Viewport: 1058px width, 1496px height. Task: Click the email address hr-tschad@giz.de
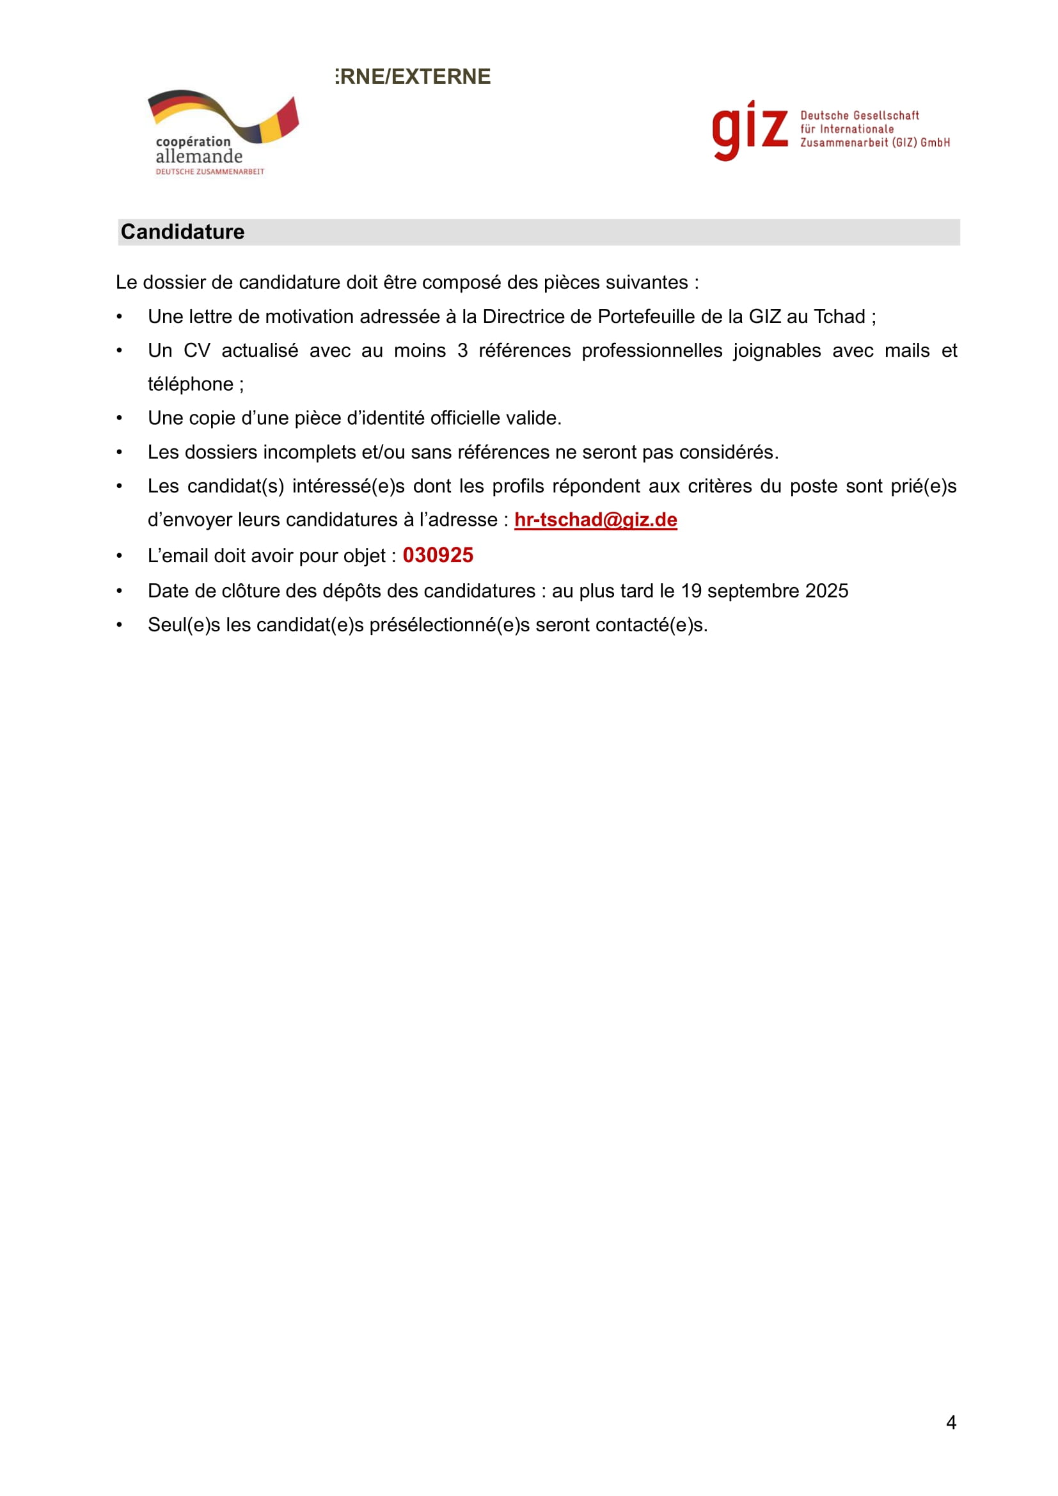click(x=596, y=519)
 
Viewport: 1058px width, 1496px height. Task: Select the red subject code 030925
click(x=438, y=555)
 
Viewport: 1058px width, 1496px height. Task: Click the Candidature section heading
click(x=182, y=232)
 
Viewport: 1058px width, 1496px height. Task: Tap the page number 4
click(x=951, y=1422)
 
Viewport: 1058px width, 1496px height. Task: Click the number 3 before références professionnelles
click(x=462, y=350)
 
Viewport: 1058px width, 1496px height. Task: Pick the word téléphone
click(x=190, y=384)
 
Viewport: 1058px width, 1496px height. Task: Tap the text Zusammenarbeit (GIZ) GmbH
click(x=875, y=143)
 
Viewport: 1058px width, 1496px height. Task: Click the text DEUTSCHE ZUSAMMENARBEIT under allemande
click(x=210, y=172)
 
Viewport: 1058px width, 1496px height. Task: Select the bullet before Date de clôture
click(x=119, y=591)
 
